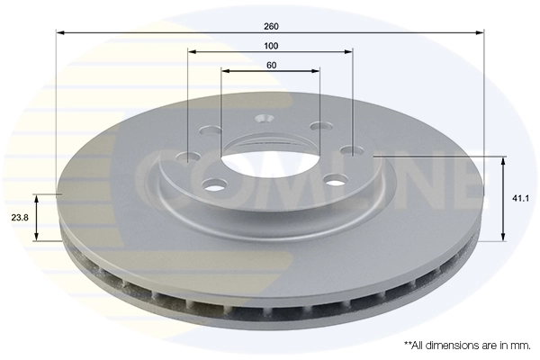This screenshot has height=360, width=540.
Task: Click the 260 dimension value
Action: click(271, 25)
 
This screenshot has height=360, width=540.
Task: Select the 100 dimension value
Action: click(271, 46)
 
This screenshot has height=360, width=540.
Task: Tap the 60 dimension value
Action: click(271, 64)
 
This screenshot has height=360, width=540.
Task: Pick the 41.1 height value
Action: click(519, 199)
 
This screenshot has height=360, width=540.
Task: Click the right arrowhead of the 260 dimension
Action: click(481, 33)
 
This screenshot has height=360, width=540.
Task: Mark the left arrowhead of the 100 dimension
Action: click(192, 51)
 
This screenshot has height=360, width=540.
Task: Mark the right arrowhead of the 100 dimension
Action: click(349, 51)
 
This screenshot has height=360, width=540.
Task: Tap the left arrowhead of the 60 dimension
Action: click(224, 70)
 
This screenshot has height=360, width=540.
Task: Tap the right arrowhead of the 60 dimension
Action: click(317, 70)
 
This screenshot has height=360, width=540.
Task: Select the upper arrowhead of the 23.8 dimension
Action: click(37, 196)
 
